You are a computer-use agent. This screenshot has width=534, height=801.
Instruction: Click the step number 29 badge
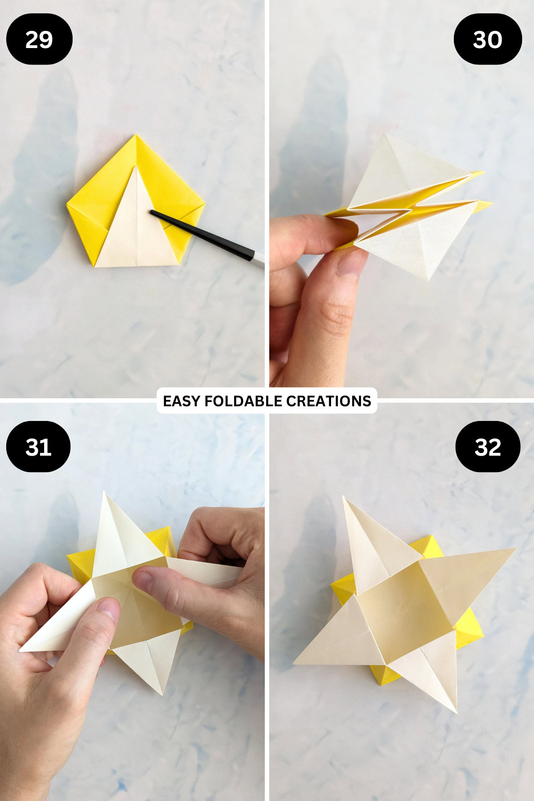39,39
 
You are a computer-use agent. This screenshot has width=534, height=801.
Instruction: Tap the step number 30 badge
487,39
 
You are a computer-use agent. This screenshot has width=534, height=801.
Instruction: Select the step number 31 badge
38,446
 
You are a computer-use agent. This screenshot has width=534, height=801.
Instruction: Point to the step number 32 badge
488,446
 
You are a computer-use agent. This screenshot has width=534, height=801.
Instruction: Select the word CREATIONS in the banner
328,401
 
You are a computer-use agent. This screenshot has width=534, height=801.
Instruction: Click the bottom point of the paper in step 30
428,279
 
